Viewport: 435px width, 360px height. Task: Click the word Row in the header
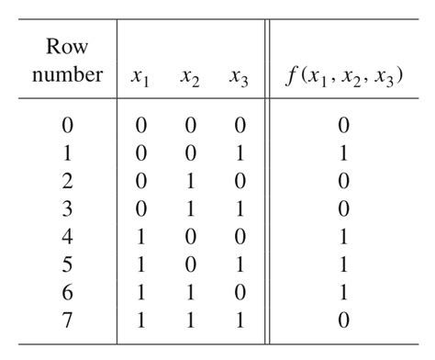point(66,45)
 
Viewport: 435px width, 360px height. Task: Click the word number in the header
point(67,74)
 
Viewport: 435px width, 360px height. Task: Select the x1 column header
point(141,77)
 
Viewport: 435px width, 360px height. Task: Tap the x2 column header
point(191,77)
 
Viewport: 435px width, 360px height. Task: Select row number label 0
point(67,124)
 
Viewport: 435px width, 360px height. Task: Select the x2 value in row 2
point(191,183)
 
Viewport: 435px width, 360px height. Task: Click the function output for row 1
point(342,153)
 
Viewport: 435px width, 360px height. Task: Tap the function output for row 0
point(342,124)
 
